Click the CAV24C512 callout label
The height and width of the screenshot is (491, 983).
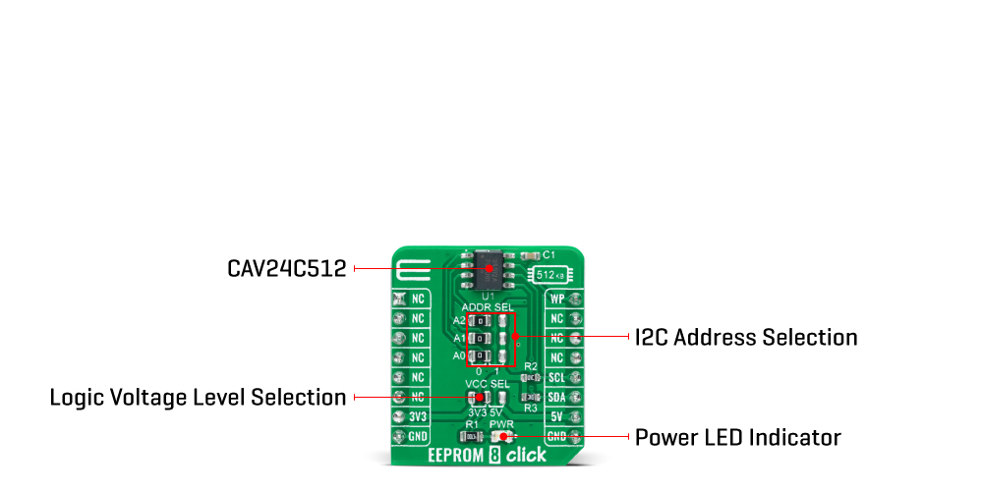point(286,268)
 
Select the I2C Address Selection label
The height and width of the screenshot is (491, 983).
point(745,338)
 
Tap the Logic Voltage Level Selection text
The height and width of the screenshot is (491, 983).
point(198,398)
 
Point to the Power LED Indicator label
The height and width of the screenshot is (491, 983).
point(737,437)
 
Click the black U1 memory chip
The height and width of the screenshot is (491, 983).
point(488,267)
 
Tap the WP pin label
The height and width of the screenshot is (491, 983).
point(557,299)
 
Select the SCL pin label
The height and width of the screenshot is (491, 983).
point(557,377)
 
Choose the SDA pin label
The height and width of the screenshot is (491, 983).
point(557,397)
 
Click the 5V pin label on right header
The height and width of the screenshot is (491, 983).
point(557,416)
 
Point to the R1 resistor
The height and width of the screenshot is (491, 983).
point(469,435)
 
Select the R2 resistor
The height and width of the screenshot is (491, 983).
point(531,377)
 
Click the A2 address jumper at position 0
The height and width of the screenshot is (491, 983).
point(478,320)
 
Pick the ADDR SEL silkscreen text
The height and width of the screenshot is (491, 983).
point(488,307)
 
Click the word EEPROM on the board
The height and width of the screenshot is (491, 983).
point(456,456)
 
